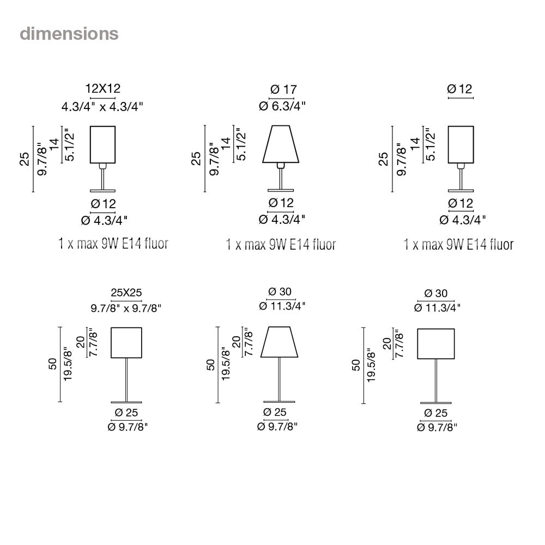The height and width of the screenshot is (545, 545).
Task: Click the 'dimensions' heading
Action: (x=69, y=34)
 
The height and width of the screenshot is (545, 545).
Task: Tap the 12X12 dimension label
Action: (x=103, y=88)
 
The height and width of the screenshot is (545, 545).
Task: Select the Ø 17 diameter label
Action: (x=283, y=89)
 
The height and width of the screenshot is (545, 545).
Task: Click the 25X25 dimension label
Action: (x=126, y=293)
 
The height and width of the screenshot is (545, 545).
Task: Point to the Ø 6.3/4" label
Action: (x=282, y=106)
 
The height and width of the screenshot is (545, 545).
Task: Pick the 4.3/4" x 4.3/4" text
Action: (x=102, y=106)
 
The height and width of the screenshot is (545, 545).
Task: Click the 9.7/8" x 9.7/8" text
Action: (x=126, y=308)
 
